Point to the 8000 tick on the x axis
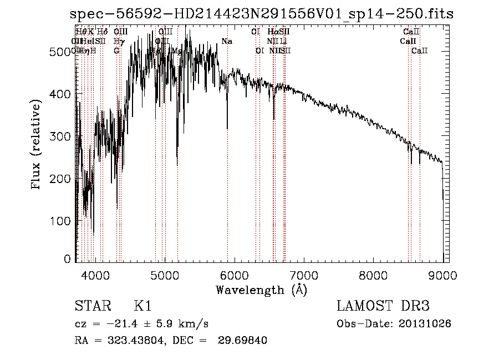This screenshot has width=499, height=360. pyautogui.click(x=373, y=275)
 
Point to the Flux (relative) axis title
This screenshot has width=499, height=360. pyautogui.click(x=37, y=146)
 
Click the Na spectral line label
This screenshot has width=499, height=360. pyautogui.click(x=226, y=41)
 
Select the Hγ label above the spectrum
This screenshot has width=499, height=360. pyautogui.click(x=118, y=41)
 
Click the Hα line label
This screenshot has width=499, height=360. pyautogui.click(x=272, y=32)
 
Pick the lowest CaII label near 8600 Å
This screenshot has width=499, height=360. pyautogui.click(x=420, y=50)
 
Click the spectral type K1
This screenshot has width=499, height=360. pyautogui.click(x=142, y=306)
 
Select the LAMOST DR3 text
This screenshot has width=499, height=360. pyautogui.click(x=383, y=306)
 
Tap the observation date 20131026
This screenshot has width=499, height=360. pyautogui.click(x=425, y=323)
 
